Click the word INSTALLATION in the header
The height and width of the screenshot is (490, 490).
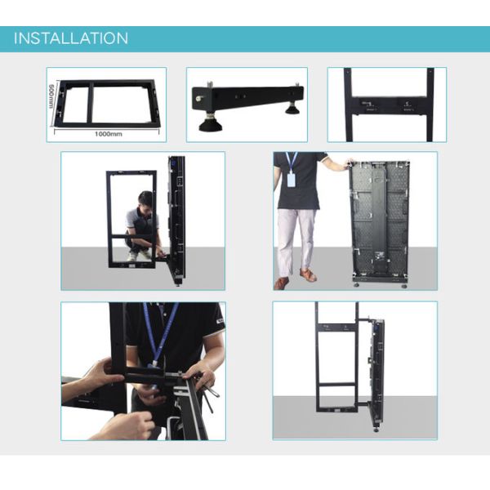pos(71,38)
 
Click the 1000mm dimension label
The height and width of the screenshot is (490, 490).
pos(108,132)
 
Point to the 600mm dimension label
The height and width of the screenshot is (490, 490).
pos(52,97)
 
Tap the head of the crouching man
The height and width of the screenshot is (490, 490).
pos(145,199)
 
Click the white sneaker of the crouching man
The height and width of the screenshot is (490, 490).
pos(132,256)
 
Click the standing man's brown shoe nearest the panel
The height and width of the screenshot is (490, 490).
pos(307,275)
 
